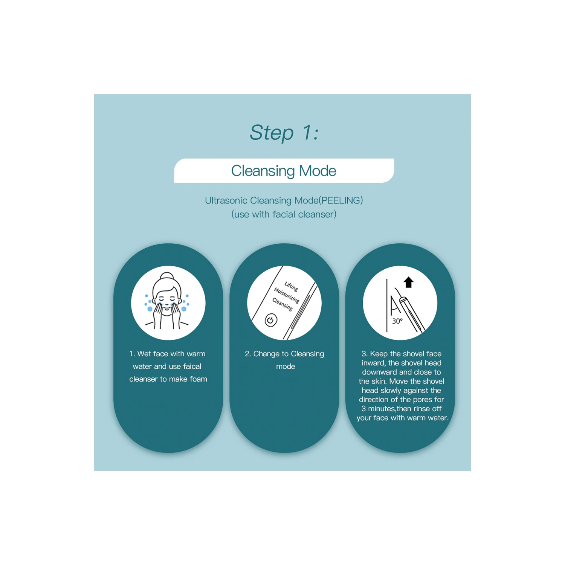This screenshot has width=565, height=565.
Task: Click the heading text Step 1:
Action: tap(284, 133)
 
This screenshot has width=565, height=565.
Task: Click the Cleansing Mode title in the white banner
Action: tap(284, 171)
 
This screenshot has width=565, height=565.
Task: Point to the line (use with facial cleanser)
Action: tap(284, 214)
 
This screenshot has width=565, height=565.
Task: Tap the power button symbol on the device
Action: tap(271, 320)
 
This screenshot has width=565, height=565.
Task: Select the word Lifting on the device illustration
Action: tap(291, 287)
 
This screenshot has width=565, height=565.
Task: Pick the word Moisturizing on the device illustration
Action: tap(287, 295)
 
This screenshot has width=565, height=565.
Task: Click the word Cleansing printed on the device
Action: tap(282, 304)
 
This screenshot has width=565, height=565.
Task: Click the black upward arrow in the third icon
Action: tap(409, 282)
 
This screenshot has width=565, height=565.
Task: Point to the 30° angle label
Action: tap(397, 321)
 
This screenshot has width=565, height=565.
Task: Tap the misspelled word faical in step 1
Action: tap(192, 366)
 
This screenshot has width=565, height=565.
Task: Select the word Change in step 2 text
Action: tap(266, 354)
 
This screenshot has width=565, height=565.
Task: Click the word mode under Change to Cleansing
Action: tap(286, 366)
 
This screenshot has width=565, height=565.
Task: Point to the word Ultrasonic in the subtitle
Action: tap(226, 200)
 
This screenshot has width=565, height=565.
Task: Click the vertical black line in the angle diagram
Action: tap(387, 305)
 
